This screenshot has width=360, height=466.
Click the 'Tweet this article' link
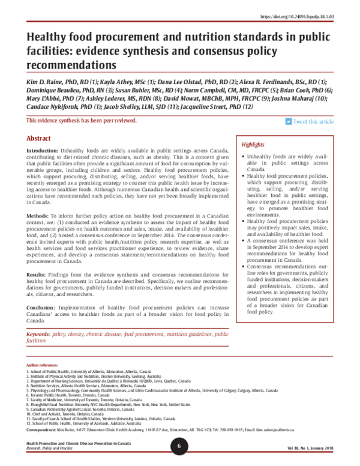[x=314, y=121]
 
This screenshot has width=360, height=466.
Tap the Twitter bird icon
[x=289, y=121]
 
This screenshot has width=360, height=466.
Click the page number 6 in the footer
[x=179, y=446]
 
